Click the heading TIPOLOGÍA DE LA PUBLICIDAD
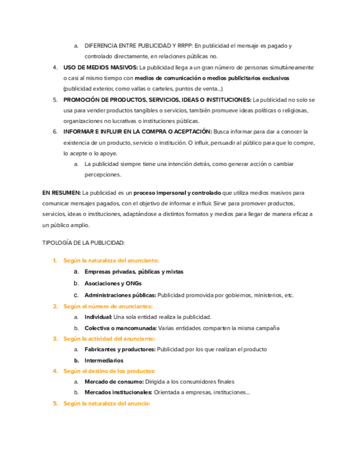tap(84, 242)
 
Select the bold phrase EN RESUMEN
tap(61, 193)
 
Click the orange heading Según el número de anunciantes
tap(108, 306)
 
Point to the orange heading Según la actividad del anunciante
tap(109, 339)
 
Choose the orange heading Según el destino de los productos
tap(109, 371)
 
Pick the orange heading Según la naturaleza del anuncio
tap(107, 403)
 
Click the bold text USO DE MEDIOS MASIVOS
tap(101, 68)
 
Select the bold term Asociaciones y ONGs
tap(113, 284)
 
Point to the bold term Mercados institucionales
tap(118, 392)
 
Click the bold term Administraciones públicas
tap(120, 295)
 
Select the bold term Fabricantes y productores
tap(120, 349)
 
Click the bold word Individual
tap(98, 317)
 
